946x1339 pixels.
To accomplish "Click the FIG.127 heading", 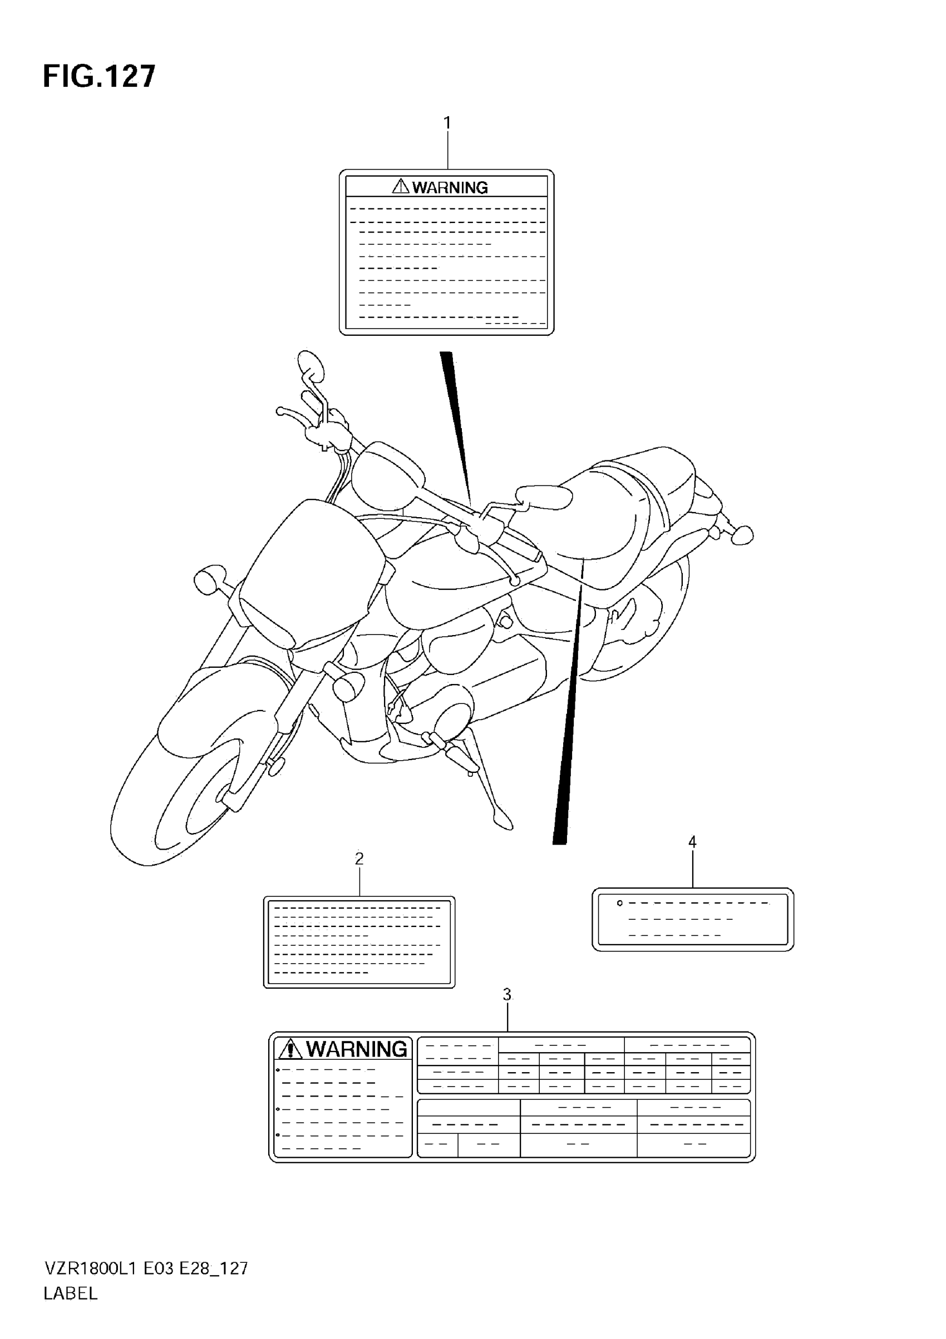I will [99, 76].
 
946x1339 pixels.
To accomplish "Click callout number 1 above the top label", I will [447, 123].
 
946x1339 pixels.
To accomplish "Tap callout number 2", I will [359, 859].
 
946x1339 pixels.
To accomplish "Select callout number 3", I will [507, 994].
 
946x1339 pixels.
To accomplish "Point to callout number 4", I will [692, 841].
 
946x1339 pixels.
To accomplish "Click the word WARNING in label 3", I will [357, 1049].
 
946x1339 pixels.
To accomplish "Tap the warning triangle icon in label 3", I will [290, 1050].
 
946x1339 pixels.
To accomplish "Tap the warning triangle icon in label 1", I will [401, 187].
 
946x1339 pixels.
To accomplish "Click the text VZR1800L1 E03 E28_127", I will [146, 1268].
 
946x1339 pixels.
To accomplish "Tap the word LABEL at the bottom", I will [71, 1293].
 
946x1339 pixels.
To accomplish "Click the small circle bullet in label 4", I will [620, 904].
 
